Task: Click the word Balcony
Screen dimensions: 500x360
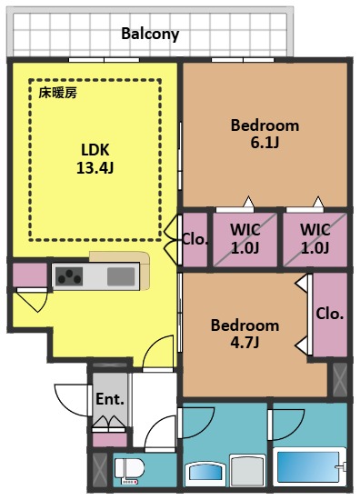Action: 150,35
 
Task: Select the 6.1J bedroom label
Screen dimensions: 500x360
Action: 264,133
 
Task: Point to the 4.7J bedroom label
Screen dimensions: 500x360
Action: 245,333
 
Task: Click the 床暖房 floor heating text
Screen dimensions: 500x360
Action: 57,92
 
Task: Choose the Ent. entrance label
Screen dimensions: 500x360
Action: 109,398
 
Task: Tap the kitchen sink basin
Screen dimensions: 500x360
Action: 121,276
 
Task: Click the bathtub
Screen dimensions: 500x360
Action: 308,466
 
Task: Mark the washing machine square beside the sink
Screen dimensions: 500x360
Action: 246,471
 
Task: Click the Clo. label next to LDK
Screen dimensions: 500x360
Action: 195,241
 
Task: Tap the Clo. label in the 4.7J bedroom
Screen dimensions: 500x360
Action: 329,313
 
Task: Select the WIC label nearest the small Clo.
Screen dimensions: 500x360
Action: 245,238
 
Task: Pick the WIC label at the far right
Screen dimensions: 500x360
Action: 315,238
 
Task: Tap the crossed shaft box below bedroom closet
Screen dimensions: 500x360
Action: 338,379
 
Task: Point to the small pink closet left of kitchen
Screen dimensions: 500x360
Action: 29,274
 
